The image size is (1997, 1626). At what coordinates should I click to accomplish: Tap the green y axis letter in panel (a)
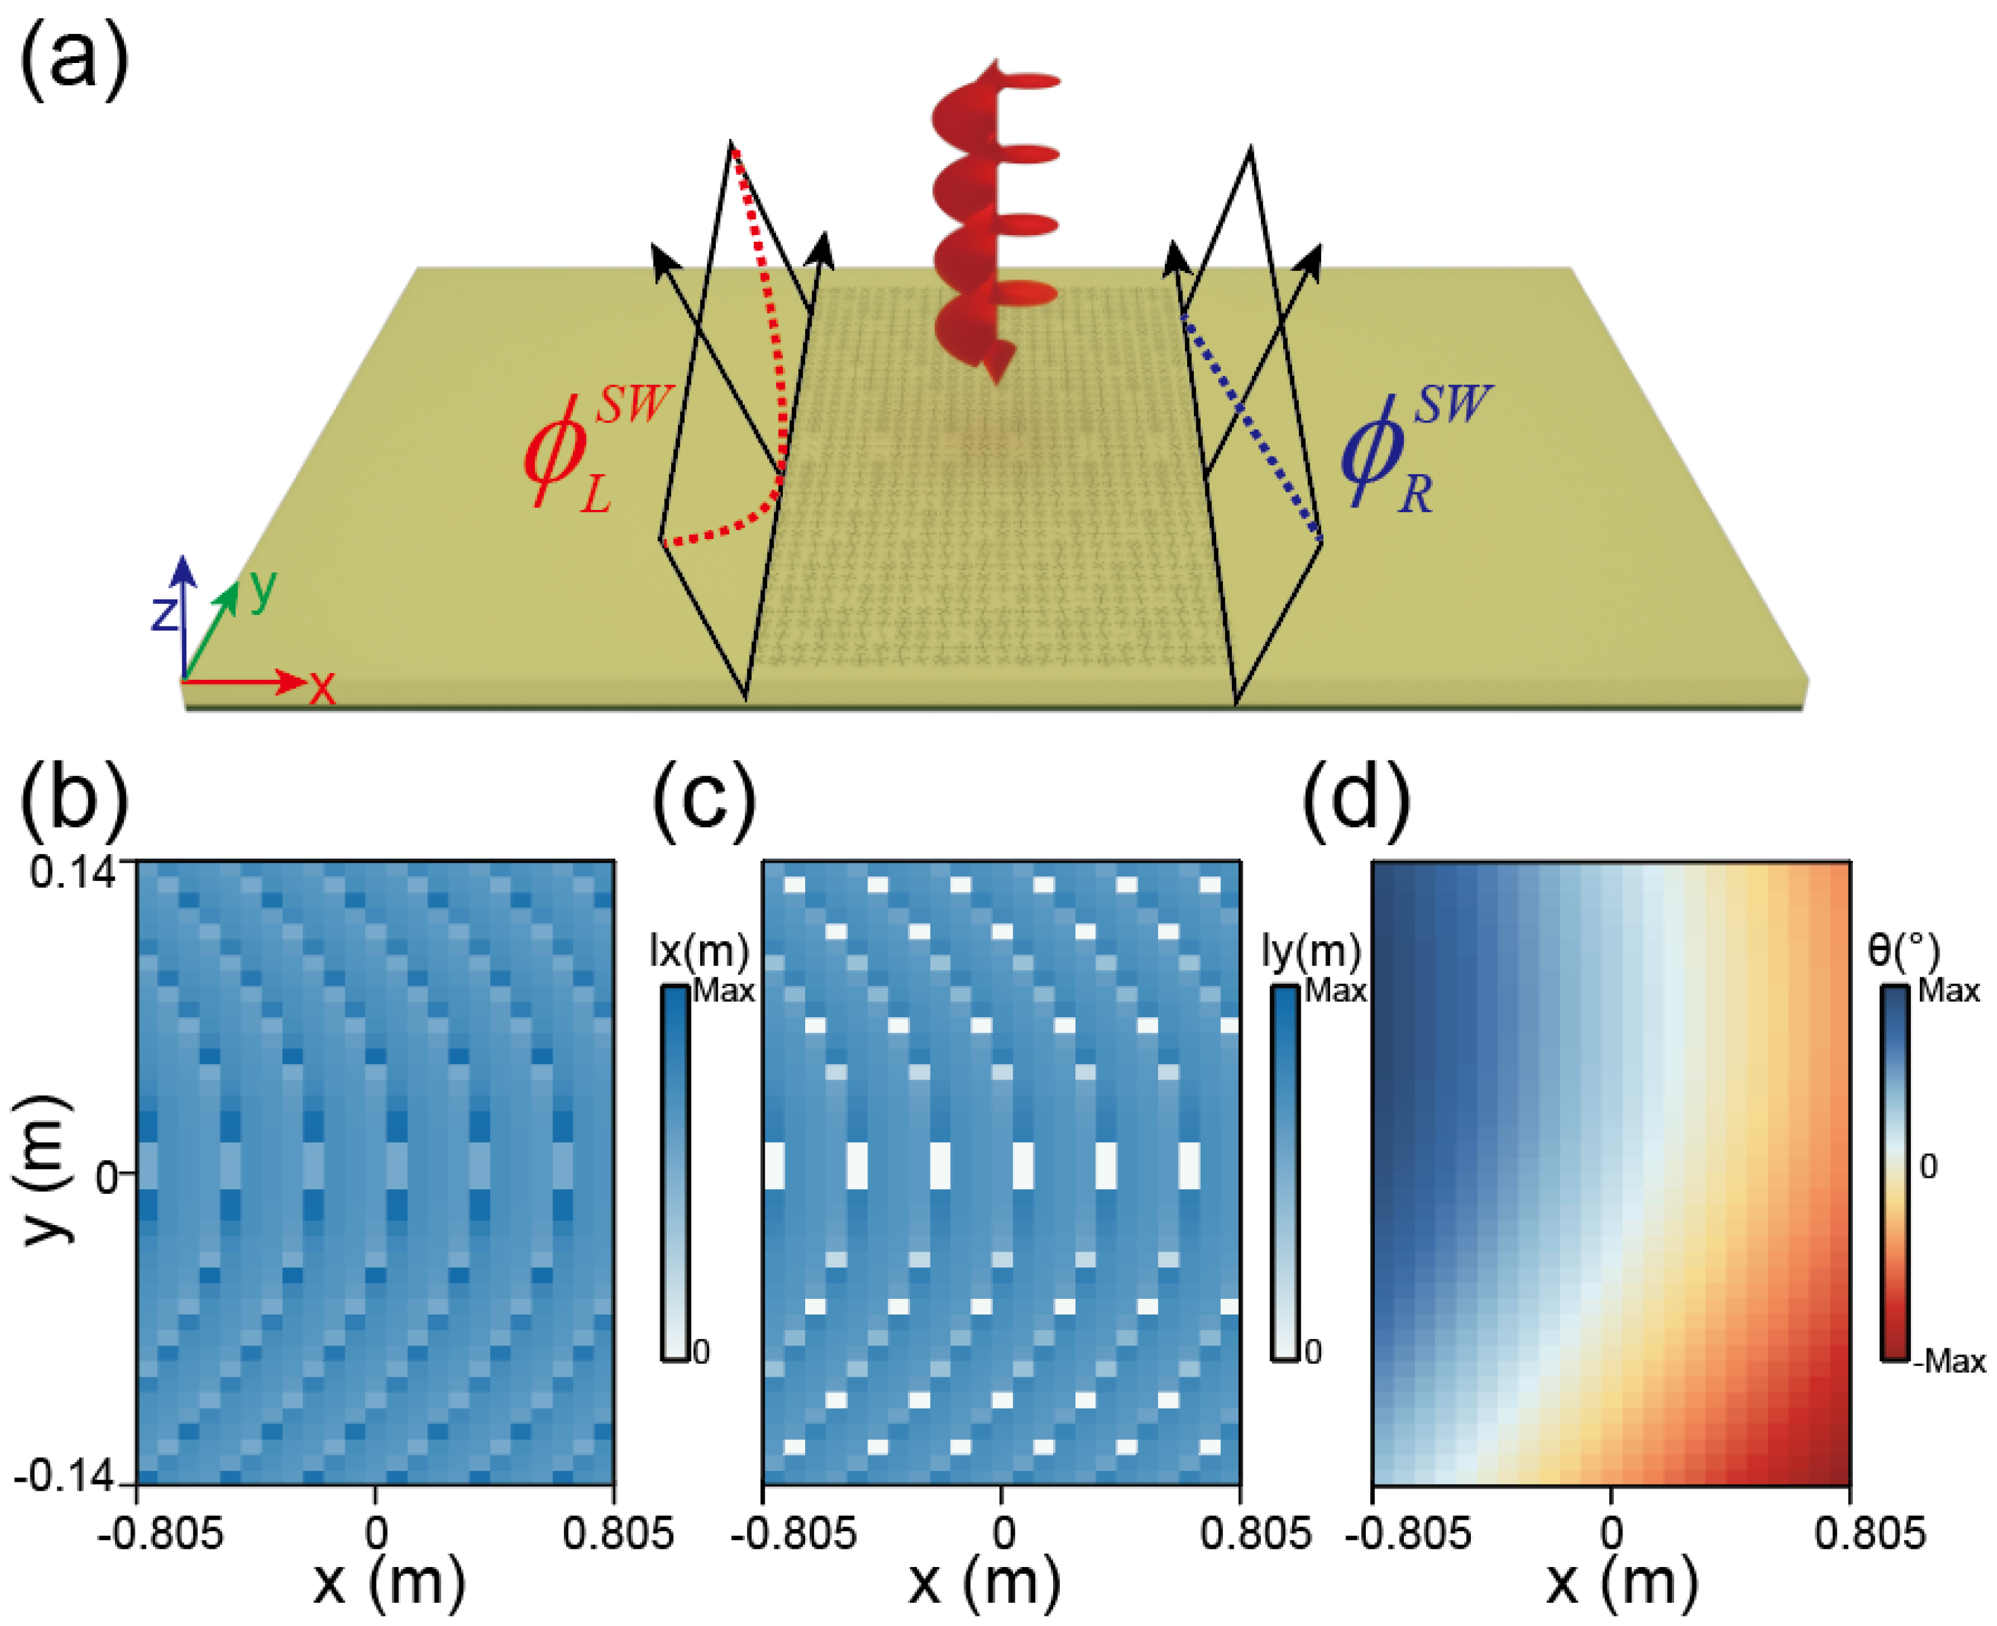coord(263,589)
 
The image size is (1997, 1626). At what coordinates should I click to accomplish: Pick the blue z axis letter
coord(165,614)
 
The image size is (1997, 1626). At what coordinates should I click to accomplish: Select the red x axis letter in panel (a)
coord(321,689)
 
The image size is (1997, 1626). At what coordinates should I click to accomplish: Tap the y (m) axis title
coord(42,1171)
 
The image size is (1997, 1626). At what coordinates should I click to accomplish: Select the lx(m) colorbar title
coord(699,951)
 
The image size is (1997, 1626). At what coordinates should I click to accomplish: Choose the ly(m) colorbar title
coord(1310,951)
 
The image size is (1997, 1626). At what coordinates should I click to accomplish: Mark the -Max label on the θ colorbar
coord(1948,1361)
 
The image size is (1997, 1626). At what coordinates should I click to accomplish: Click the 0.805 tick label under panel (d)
coord(1869,1533)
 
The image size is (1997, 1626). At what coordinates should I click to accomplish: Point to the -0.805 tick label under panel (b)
coord(161,1533)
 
